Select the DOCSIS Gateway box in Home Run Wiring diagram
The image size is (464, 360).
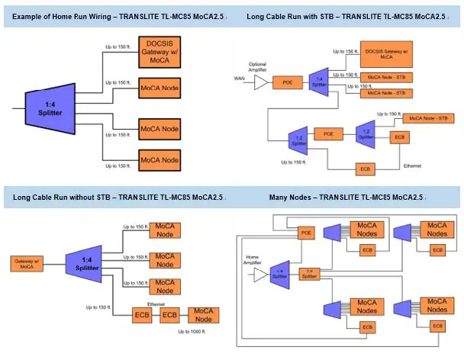click(x=159, y=50)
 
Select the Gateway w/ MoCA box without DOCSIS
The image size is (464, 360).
click(x=27, y=263)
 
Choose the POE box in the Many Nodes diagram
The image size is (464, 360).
click(x=306, y=232)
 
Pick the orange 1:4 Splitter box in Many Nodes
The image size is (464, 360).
click(x=308, y=272)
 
